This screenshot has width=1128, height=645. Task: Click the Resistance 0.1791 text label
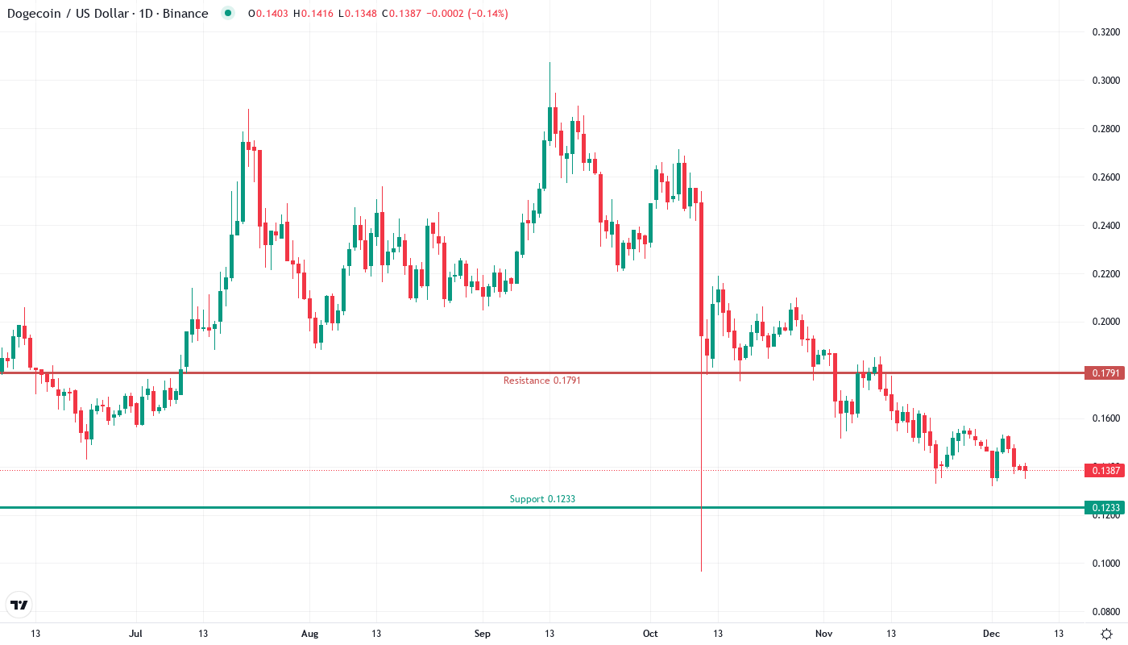[x=541, y=381]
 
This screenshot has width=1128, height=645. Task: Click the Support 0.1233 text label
[x=542, y=499]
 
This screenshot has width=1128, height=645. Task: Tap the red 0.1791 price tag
[x=1104, y=373]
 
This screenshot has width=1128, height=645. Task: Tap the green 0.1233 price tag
[x=1104, y=508]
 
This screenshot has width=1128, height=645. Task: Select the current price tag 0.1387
[x=1104, y=470]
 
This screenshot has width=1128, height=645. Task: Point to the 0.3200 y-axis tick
[x=1105, y=32]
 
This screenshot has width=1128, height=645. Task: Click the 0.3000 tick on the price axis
[x=1105, y=81]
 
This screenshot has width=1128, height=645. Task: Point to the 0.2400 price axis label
[x=1105, y=226]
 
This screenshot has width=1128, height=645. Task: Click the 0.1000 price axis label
[x=1105, y=564]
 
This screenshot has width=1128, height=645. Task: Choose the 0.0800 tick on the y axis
[x=1105, y=612]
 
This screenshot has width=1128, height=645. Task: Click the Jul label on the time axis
[x=135, y=634]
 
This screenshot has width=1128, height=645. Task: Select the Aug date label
[x=309, y=634]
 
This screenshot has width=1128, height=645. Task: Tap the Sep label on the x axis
[x=482, y=634]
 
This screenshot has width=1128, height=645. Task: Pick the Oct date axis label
[x=650, y=634]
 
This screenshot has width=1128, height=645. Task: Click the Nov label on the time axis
[x=823, y=634]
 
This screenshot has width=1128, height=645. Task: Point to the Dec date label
[x=991, y=634]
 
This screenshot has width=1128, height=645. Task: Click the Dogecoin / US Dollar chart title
[x=107, y=14]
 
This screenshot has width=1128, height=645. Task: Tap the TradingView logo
[x=19, y=605]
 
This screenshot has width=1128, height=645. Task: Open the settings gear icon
[x=1107, y=634]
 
